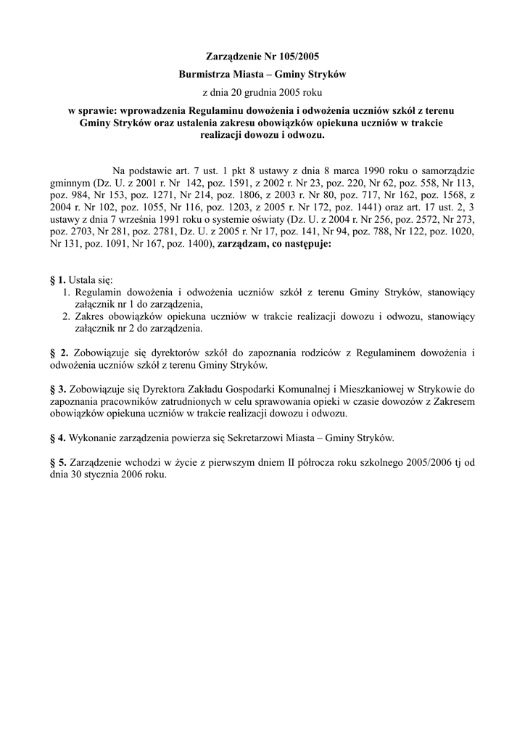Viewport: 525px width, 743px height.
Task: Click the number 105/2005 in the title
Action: pos(296,55)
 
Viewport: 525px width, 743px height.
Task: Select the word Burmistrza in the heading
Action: pos(205,74)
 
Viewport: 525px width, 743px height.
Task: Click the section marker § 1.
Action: pos(57,280)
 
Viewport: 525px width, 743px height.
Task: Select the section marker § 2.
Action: pos(58,353)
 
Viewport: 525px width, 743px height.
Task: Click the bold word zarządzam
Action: pos(241,244)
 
